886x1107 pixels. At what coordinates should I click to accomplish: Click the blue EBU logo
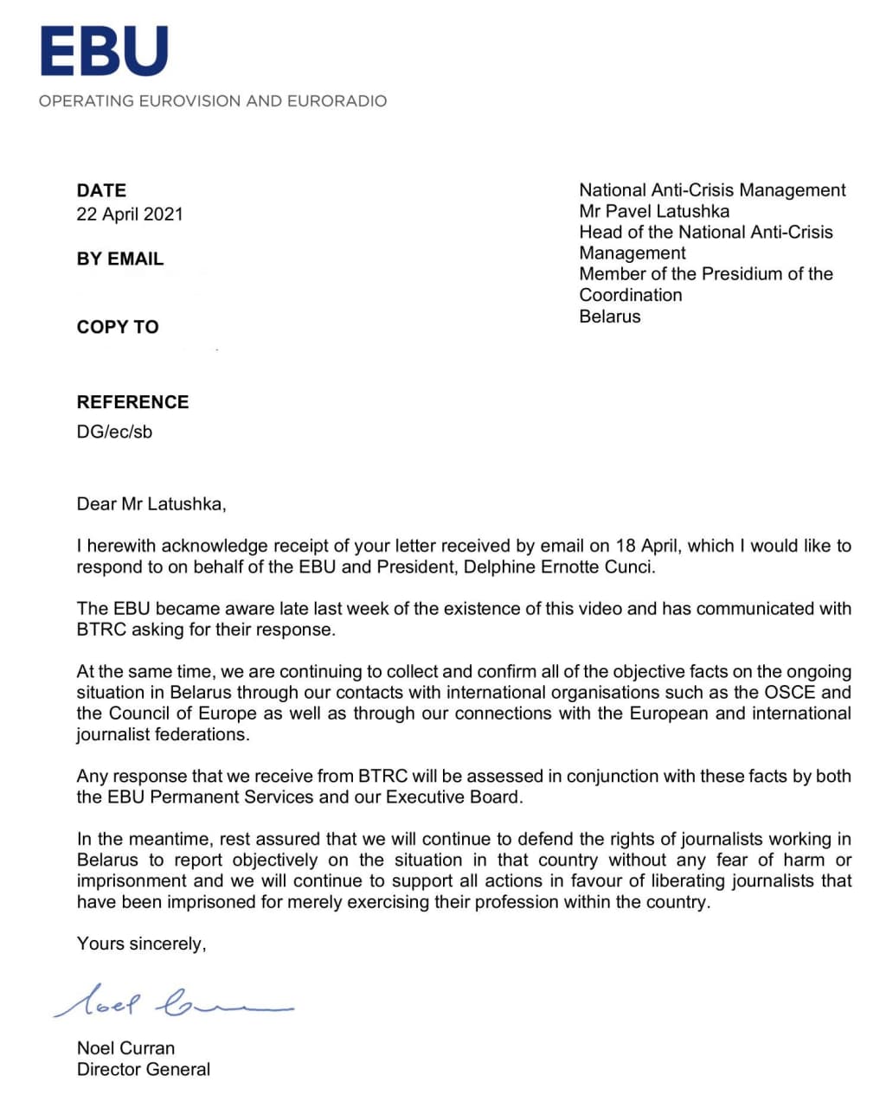point(104,51)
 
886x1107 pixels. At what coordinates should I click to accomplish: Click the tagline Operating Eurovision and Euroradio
point(213,101)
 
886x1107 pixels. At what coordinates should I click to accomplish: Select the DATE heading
point(101,190)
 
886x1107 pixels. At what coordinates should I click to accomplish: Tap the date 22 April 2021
point(130,214)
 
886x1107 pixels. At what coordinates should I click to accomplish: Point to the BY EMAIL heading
point(119,259)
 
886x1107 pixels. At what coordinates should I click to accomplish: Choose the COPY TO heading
point(118,327)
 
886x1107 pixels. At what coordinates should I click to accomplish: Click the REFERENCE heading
point(132,402)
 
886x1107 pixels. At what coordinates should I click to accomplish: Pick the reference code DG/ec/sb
point(114,432)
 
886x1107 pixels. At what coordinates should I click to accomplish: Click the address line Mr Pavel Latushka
point(654,211)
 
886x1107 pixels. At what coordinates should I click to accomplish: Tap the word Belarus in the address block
point(610,316)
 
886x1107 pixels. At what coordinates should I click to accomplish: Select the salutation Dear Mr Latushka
point(151,504)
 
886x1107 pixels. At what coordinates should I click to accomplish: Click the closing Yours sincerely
point(141,944)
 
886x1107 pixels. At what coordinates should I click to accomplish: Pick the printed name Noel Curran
point(125,1048)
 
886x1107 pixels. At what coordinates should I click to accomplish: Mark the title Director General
point(144,1070)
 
